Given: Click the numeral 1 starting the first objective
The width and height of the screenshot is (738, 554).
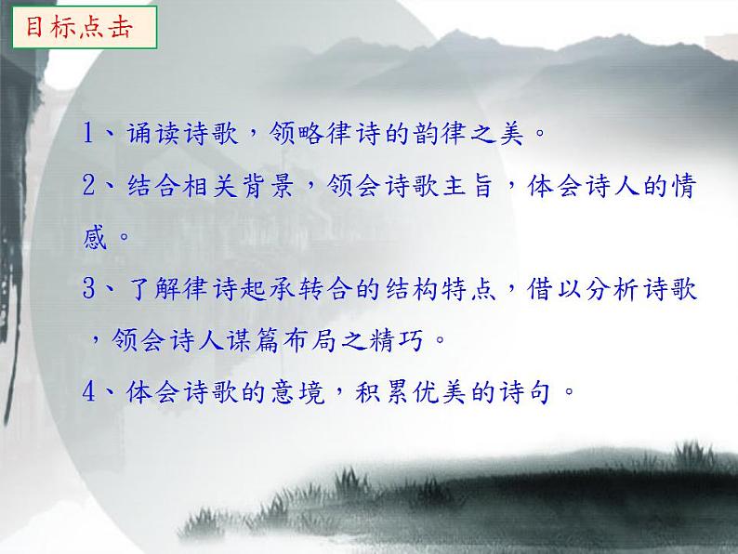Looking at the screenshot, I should point(90,134).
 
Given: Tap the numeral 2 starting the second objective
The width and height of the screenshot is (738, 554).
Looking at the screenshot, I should point(90,186).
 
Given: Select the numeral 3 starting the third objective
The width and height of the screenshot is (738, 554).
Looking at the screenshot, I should point(90,288).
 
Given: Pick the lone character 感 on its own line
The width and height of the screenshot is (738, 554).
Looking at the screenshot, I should point(96,237).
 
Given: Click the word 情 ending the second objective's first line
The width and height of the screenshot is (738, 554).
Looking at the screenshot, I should point(684,186).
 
